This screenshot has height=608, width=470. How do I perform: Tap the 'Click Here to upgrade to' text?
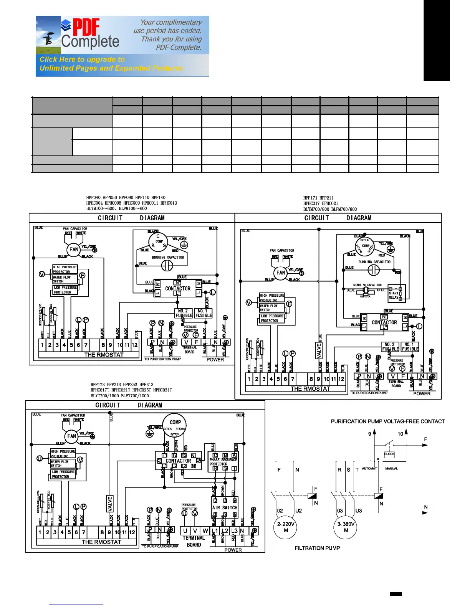tap(82, 59)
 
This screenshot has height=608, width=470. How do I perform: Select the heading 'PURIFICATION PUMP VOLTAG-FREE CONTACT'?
tap(387, 421)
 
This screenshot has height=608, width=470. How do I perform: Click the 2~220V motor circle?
tap(286, 527)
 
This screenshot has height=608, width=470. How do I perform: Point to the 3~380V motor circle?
tap(346, 527)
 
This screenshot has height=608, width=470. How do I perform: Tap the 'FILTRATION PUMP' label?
tap(317, 548)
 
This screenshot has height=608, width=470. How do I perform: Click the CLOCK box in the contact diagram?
tap(389, 454)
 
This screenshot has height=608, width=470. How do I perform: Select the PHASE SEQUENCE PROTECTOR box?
tap(223, 462)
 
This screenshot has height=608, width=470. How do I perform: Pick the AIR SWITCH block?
tap(225, 507)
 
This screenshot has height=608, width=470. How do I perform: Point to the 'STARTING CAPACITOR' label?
tap(367, 285)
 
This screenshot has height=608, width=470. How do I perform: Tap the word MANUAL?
tap(391, 469)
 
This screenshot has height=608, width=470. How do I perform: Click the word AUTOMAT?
tap(369, 469)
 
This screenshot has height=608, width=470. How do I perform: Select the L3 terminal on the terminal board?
tap(234, 531)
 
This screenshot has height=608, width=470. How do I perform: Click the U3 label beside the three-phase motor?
tap(359, 511)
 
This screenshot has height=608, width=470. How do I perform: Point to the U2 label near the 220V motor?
tap(298, 511)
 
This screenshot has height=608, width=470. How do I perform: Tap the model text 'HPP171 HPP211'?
tap(318, 198)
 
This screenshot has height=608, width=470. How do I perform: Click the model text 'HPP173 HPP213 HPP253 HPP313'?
tap(122, 384)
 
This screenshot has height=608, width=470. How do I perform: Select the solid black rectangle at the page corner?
tap(437, 40)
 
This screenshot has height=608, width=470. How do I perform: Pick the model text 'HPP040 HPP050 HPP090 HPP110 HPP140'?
tap(126, 198)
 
